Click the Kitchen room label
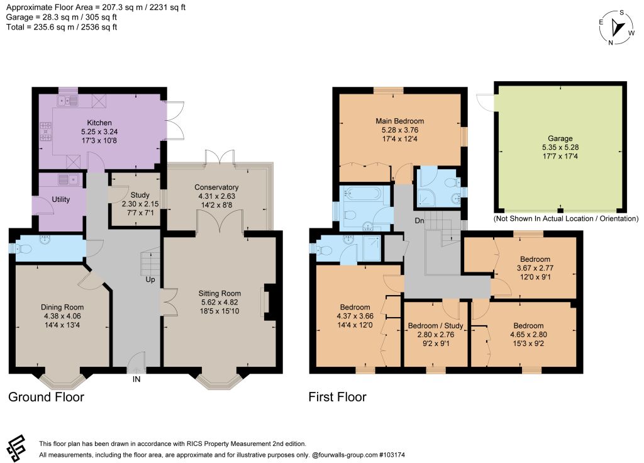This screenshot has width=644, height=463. (99, 123)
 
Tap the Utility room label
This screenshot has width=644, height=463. (61, 199)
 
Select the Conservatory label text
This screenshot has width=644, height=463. (216, 187)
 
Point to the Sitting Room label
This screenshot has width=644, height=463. (219, 293)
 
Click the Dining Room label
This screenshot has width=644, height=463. (62, 307)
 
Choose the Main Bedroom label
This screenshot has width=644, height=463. (400, 121)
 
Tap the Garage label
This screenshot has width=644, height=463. (560, 138)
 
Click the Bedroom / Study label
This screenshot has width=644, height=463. (436, 326)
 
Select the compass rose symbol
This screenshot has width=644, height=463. (616, 28)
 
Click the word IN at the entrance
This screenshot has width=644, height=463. (136, 379)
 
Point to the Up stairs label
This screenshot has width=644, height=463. (150, 279)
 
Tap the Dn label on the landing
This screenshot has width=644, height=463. (419, 221)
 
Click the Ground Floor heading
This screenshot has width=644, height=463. (46, 397)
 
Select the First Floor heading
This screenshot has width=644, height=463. (337, 397)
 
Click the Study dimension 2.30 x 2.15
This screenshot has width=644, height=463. (140, 204)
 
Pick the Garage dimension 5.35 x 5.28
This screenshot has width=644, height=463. (560, 147)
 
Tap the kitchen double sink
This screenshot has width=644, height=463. (68, 100)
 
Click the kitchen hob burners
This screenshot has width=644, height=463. (45, 131)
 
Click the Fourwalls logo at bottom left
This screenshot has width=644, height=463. (16, 448)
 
